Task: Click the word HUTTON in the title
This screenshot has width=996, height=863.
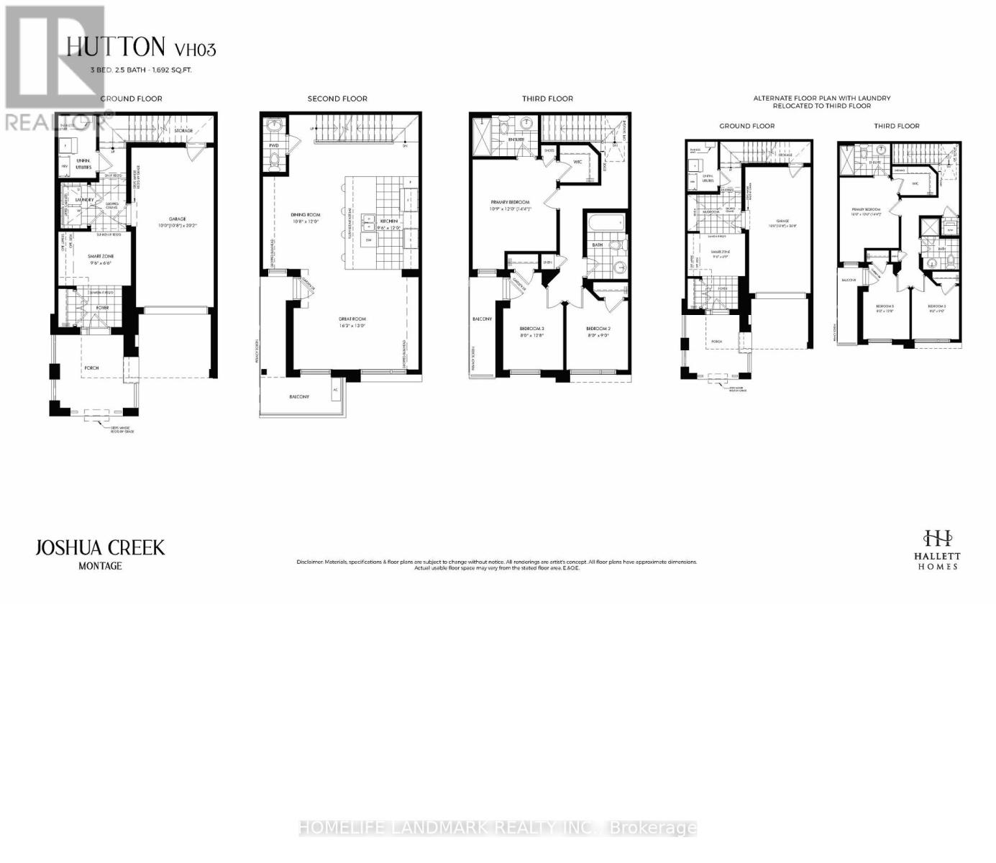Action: tap(116, 47)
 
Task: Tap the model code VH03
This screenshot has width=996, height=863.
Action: tap(195, 50)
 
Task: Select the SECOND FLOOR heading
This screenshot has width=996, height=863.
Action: tap(337, 99)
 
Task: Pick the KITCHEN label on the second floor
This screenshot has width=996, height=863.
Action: tap(389, 221)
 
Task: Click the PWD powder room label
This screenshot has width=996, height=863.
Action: tap(274, 145)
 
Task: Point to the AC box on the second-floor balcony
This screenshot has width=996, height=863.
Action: tap(335, 391)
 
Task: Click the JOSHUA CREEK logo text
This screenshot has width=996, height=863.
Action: tap(100, 548)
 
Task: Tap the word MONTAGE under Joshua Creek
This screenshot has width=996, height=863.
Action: tap(100, 566)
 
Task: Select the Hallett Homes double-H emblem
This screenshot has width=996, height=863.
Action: tap(938, 537)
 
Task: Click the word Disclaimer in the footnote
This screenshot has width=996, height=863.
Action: tap(310, 562)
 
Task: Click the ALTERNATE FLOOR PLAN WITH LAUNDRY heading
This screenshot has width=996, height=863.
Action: tap(821, 98)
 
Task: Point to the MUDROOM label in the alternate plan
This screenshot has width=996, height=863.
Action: tap(711, 211)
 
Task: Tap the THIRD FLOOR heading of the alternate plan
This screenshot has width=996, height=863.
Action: tap(896, 126)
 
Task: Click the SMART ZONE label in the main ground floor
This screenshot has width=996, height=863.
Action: tap(101, 256)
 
